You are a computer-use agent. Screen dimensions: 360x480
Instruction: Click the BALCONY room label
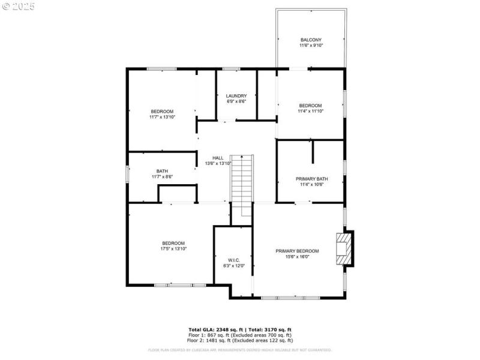311,40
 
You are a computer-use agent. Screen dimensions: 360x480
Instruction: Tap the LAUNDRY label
236,96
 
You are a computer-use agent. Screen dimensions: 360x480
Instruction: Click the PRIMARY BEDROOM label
297,251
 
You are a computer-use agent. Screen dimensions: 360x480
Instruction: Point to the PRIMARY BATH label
311,179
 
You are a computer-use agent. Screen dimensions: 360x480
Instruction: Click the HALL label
218,158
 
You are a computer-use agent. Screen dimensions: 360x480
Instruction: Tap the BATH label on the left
162,171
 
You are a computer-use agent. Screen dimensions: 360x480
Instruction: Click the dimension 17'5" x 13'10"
173,248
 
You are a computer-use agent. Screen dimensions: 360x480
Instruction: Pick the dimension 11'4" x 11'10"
311,111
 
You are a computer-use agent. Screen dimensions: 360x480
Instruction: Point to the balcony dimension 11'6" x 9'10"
311,46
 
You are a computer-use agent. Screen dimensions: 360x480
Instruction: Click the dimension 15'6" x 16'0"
297,257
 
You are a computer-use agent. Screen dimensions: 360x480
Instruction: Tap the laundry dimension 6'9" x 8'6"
236,101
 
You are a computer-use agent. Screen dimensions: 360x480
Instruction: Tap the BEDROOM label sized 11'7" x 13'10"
162,112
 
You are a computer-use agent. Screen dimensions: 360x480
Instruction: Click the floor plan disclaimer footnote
240,350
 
